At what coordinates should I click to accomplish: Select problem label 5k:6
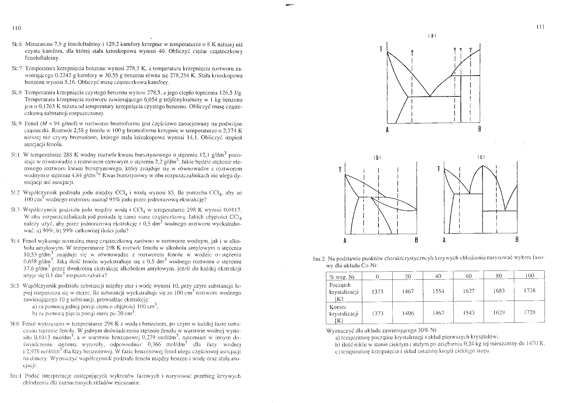coord(17,45)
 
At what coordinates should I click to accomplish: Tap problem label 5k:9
coord(17,124)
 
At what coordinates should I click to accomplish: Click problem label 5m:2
coord(319,259)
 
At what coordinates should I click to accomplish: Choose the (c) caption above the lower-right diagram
coord(481,158)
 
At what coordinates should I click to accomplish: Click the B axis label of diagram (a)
coord(480,129)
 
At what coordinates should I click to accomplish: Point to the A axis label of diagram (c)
coord(444,240)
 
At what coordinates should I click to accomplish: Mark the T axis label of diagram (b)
coord(340,170)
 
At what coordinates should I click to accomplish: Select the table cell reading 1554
coord(438,291)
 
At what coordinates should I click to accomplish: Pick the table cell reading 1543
coord(469,313)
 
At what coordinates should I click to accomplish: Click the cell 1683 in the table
coord(499,291)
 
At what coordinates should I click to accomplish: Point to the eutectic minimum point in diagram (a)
coord(430,96)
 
